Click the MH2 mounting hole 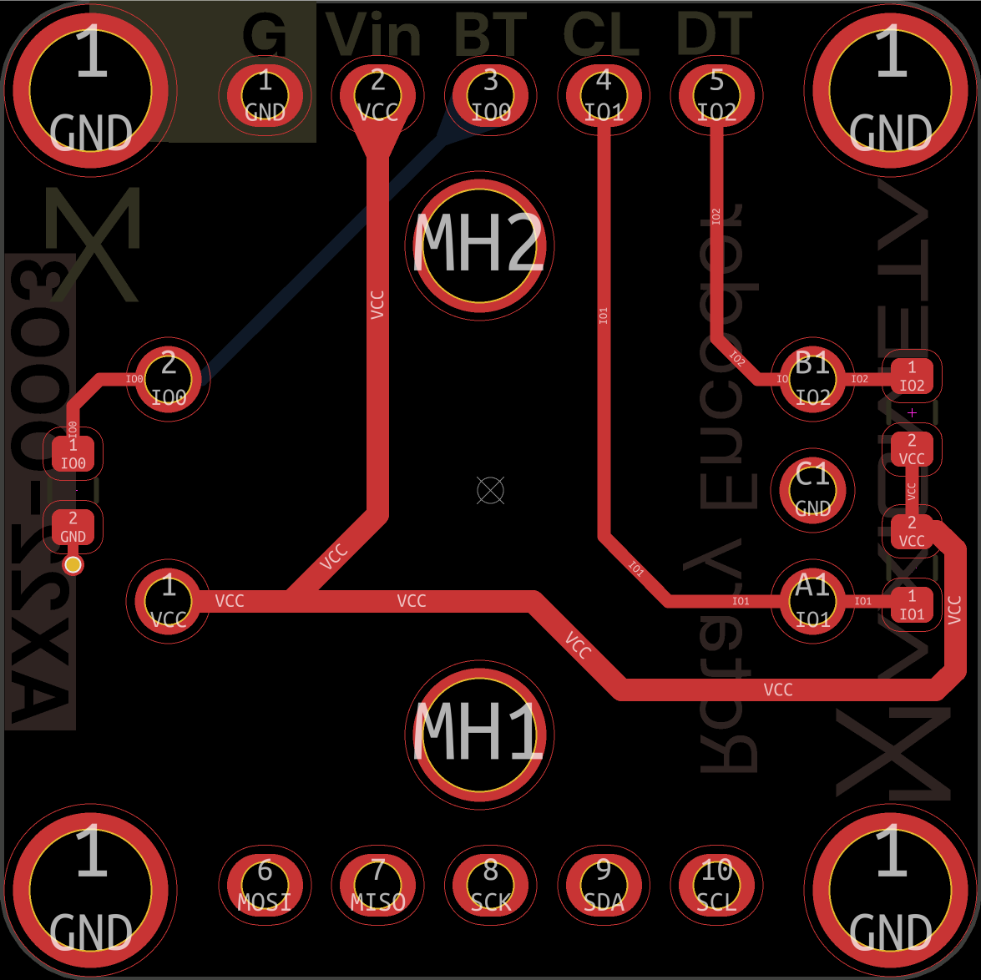(479, 245)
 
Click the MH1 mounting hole (479, 732)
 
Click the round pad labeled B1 (812, 379)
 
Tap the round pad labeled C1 (812, 490)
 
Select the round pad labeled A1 (812, 601)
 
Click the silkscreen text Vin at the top (374, 35)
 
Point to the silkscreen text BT (491, 35)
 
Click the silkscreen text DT (714, 35)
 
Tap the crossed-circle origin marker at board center (490, 490)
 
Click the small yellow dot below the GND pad (73, 565)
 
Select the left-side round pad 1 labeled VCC (169, 600)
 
